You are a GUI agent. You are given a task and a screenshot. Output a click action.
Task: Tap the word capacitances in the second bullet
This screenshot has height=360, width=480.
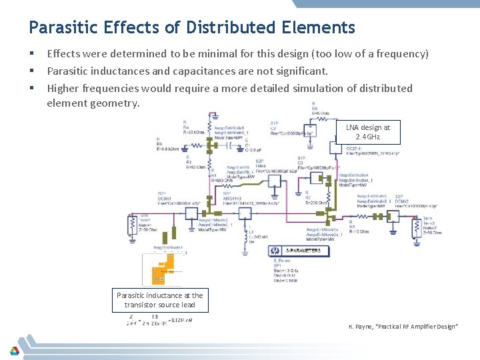pyautogui.click(x=203, y=71)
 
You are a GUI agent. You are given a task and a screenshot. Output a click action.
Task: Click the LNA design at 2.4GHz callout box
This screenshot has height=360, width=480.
pyautogui.click(x=368, y=131)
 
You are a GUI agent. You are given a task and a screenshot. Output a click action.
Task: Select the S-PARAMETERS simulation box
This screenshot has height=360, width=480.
pyautogui.click(x=299, y=251)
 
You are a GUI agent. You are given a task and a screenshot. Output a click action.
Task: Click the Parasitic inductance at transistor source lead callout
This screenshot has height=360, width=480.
pyautogui.click(x=159, y=299)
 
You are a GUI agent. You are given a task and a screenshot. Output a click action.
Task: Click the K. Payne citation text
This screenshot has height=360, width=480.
pyautogui.click(x=403, y=326)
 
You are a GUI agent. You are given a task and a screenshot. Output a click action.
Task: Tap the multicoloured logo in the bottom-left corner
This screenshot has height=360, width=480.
pyautogui.click(x=14, y=350)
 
